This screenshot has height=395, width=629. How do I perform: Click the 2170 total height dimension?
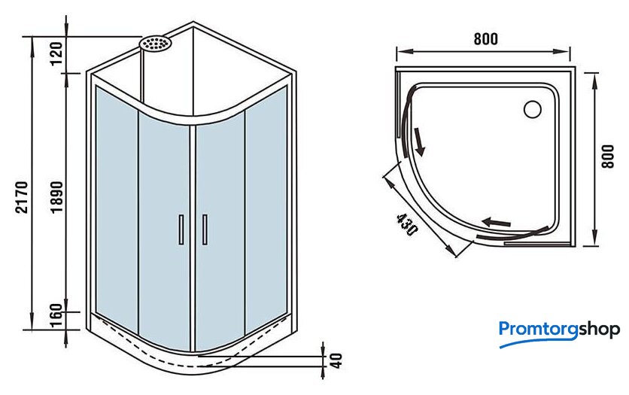[x=22, y=197]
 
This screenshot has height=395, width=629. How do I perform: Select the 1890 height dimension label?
[x=56, y=197]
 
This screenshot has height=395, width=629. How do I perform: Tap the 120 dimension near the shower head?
[x=56, y=53]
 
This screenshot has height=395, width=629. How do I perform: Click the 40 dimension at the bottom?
[x=337, y=360]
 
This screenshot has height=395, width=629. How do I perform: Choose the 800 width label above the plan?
[x=486, y=39]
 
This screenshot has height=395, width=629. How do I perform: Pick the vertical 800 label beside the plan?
[x=608, y=156]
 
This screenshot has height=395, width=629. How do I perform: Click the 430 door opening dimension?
[x=407, y=224]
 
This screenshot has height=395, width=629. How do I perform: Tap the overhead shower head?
[x=155, y=44]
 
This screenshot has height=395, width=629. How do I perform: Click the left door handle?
[x=181, y=229]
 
